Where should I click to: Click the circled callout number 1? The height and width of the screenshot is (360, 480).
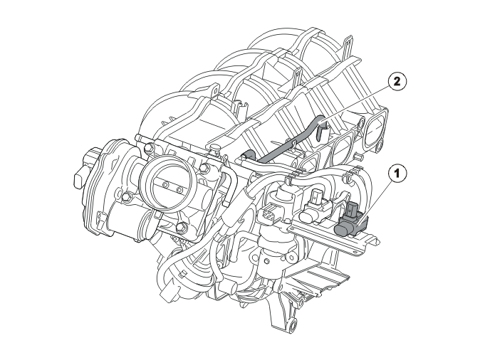[x=397, y=174]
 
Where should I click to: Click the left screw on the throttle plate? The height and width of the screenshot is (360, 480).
[x=166, y=185]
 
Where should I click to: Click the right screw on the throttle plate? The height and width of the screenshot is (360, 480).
[x=179, y=190]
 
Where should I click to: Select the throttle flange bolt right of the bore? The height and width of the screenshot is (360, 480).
[x=203, y=168]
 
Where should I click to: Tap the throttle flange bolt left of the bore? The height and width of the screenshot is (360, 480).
[x=125, y=196]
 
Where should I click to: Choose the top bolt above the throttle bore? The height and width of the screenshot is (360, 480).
[x=149, y=149]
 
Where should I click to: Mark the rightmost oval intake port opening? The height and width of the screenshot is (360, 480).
[x=375, y=129]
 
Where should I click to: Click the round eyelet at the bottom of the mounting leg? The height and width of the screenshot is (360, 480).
[x=292, y=324]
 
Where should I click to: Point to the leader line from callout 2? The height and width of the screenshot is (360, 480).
[x=354, y=105]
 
